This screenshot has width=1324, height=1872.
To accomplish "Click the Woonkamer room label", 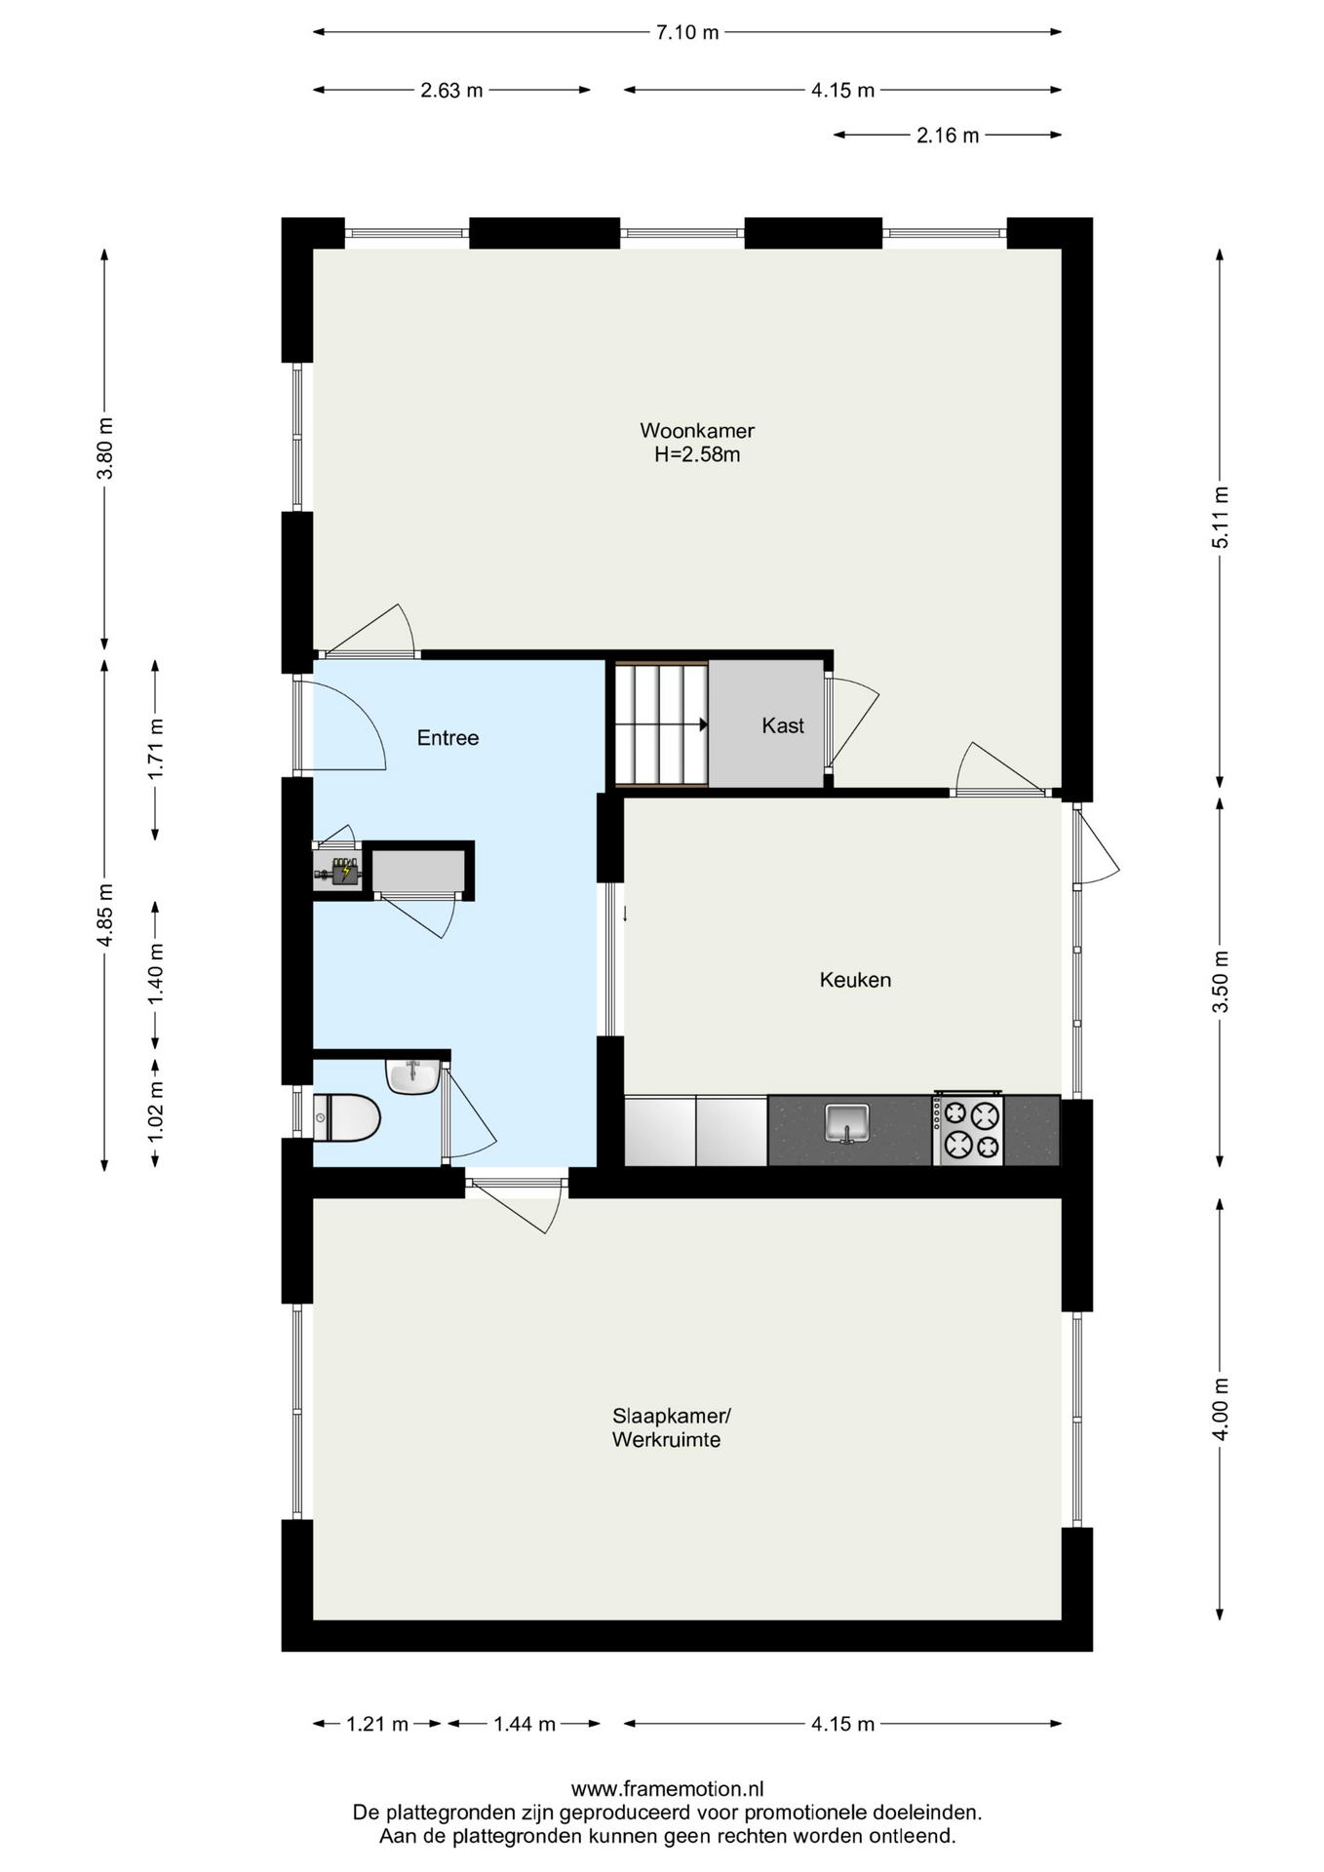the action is (x=697, y=430).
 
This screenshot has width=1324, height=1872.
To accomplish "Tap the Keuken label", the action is (x=855, y=980).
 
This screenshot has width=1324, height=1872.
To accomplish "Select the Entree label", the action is (x=448, y=738).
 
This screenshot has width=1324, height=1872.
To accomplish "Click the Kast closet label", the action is (x=783, y=725).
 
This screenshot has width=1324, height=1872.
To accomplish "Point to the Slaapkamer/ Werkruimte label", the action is (x=671, y=1427).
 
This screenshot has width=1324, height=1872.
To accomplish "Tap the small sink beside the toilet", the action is (x=413, y=1076).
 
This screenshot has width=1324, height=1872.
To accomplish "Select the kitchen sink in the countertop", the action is (x=847, y=1122).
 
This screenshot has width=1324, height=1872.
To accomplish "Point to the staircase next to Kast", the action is (x=661, y=723).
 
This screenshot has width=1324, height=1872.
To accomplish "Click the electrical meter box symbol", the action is (x=338, y=871).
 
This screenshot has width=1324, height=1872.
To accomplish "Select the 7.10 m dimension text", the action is (x=687, y=32).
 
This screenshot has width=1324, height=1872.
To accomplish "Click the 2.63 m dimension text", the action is (x=451, y=91).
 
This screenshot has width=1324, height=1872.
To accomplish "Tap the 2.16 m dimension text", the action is (x=948, y=136).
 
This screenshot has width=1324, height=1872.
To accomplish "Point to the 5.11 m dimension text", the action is (x=1220, y=517).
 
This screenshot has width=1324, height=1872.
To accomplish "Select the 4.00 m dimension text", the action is (x=1220, y=1407).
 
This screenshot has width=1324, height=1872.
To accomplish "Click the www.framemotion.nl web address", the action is (x=667, y=1789).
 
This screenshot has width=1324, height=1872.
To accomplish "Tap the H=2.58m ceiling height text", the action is (x=697, y=454).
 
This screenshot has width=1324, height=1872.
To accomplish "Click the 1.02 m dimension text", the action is (x=154, y=1112).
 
